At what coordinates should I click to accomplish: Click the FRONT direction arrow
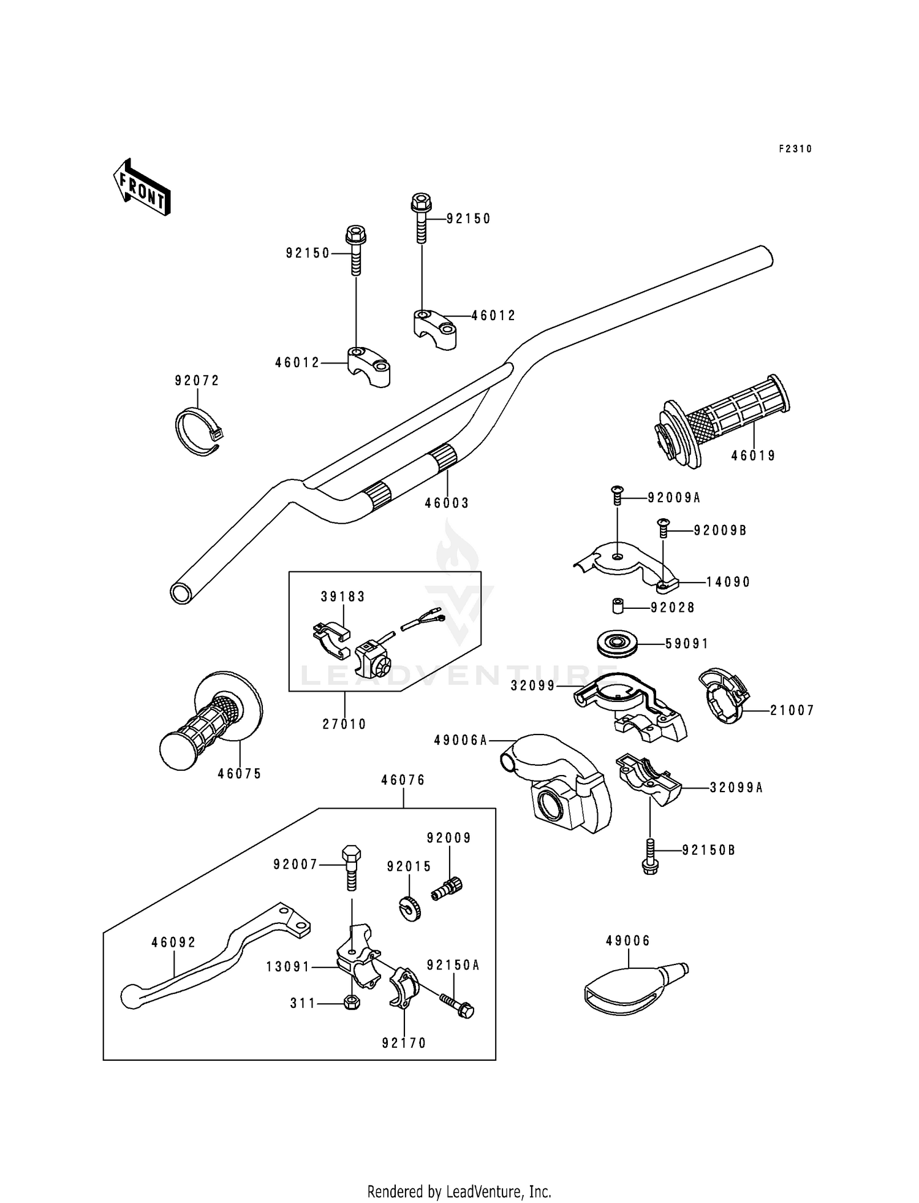142,187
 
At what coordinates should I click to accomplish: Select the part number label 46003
447,503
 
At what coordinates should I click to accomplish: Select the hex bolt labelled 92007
351,868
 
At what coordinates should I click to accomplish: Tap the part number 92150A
453,965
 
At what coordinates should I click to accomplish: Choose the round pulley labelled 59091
618,644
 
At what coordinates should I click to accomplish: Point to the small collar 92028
616,607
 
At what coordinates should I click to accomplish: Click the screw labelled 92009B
662,527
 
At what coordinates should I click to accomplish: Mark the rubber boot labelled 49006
636,987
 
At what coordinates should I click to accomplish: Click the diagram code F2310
795,148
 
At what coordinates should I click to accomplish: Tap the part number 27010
344,724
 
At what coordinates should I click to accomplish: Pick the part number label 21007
792,711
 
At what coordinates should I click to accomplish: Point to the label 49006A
461,741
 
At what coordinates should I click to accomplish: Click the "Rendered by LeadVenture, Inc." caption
459,1191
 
